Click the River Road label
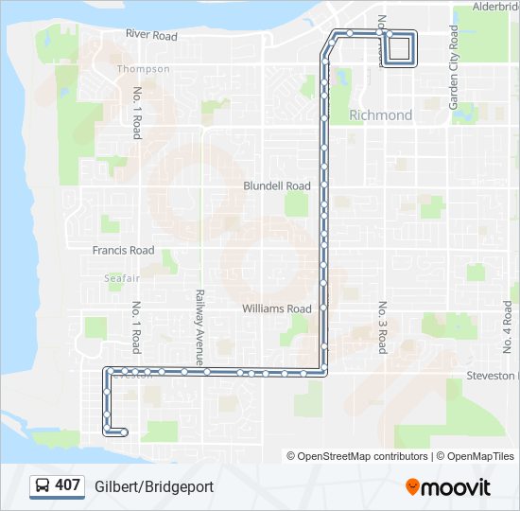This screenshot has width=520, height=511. [151, 36]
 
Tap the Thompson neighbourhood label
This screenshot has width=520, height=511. [144, 69]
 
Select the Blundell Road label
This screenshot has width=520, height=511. [277, 186]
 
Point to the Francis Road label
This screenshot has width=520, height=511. [123, 251]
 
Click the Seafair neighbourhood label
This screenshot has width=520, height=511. [122, 278]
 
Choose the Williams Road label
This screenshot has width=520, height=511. [277, 309]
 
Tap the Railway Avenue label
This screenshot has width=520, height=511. [199, 327]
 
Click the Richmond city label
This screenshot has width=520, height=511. [381, 115]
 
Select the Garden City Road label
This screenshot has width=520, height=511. [454, 66]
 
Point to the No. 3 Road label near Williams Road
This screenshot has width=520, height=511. [383, 327]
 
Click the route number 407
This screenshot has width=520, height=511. [67, 485]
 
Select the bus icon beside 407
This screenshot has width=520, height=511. [43, 486]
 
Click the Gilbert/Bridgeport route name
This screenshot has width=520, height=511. [154, 486]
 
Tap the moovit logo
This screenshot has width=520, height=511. [448, 487]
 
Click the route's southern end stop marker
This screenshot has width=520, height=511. [125, 432]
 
